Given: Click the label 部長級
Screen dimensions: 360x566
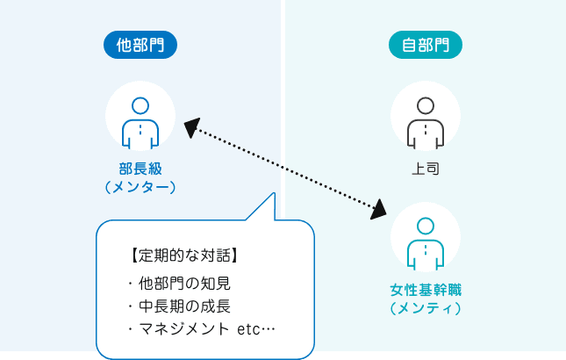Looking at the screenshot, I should (140, 169).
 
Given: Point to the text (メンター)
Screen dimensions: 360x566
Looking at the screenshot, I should (140, 187).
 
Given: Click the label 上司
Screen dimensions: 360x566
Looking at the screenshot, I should (426, 169).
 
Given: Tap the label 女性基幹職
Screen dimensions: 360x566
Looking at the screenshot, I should (426, 289).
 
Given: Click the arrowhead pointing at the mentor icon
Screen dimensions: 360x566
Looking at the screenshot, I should (191, 127).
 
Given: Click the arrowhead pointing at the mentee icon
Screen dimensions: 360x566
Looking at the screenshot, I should (378, 210).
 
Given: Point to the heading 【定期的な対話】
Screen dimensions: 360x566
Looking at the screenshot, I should (183, 256).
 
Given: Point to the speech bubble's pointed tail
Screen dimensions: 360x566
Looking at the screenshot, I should (267, 206).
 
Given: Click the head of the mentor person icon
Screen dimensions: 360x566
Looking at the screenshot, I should (140, 104).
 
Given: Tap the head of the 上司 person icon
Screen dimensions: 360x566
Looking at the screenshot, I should (426, 104).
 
